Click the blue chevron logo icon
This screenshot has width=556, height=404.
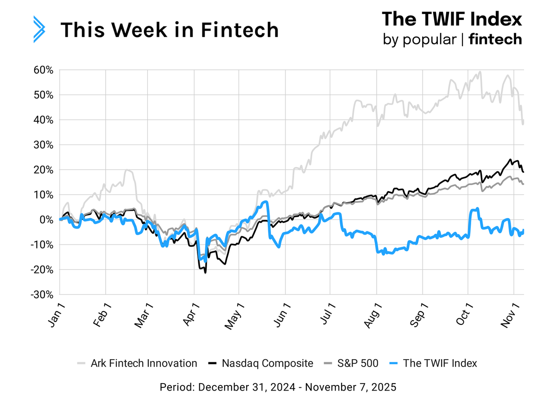click(x=39, y=29)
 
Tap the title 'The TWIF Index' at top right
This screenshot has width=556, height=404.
click(x=452, y=19)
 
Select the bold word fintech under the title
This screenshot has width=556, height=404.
click(x=495, y=39)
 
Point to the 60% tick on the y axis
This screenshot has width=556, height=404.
click(x=44, y=70)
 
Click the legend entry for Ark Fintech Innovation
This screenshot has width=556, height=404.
click(x=138, y=363)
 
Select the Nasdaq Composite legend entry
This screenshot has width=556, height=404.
click(x=262, y=363)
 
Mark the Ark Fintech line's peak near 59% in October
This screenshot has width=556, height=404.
click(x=480, y=72)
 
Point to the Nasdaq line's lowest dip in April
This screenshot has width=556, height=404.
click(x=205, y=273)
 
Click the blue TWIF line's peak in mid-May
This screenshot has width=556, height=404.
click(x=265, y=202)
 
